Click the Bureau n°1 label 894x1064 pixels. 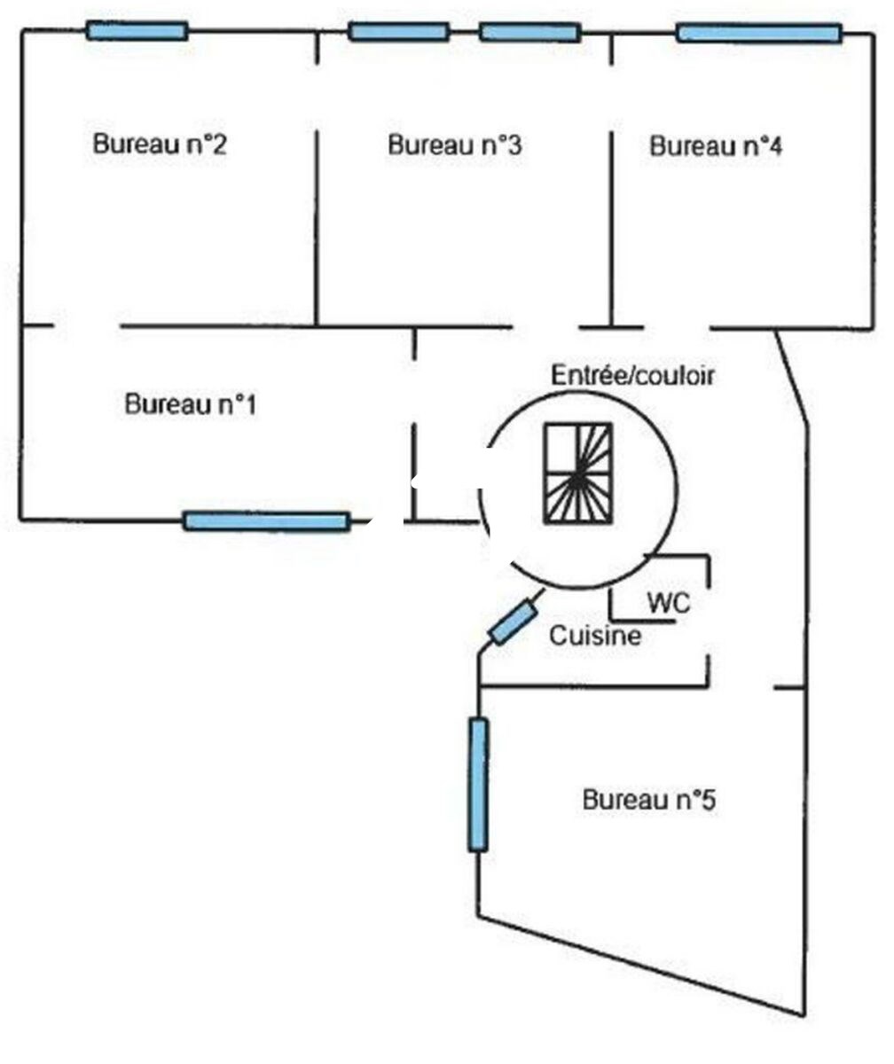tap(191, 405)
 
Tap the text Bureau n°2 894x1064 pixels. tap(160, 145)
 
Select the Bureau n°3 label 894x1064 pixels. tap(454, 145)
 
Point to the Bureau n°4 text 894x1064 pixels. tap(716, 146)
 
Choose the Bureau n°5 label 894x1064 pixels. tap(649, 800)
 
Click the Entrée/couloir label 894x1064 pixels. tap(632, 376)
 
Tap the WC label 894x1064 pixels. tap(669, 603)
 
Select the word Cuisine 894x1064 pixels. tap(594, 636)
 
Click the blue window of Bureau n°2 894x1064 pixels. tap(137, 31)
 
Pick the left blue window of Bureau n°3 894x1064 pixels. tap(398, 32)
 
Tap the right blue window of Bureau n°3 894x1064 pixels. tap(529, 33)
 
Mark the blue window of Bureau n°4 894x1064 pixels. tap(758, 34)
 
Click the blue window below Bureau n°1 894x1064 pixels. tap(266, 521)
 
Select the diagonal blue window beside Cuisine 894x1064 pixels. tap(514, 622)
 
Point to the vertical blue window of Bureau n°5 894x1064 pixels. tap(478, 785)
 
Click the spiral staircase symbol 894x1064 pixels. tap(577, 474)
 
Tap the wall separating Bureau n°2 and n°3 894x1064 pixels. tap(316, 222)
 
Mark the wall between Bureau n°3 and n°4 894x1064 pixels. tap(611, 222)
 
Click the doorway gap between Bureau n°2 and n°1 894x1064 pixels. tap(87, 326)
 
